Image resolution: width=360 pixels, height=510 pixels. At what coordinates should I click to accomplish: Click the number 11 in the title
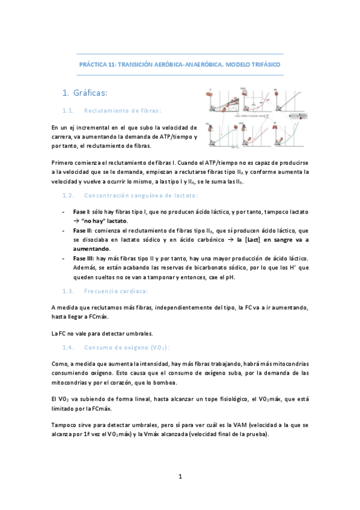click(x=111, y=64)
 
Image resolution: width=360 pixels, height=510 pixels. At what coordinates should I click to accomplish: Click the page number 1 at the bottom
click(x=180, y=477)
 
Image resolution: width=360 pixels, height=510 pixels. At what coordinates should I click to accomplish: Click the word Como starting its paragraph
click(x=59, y=364)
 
